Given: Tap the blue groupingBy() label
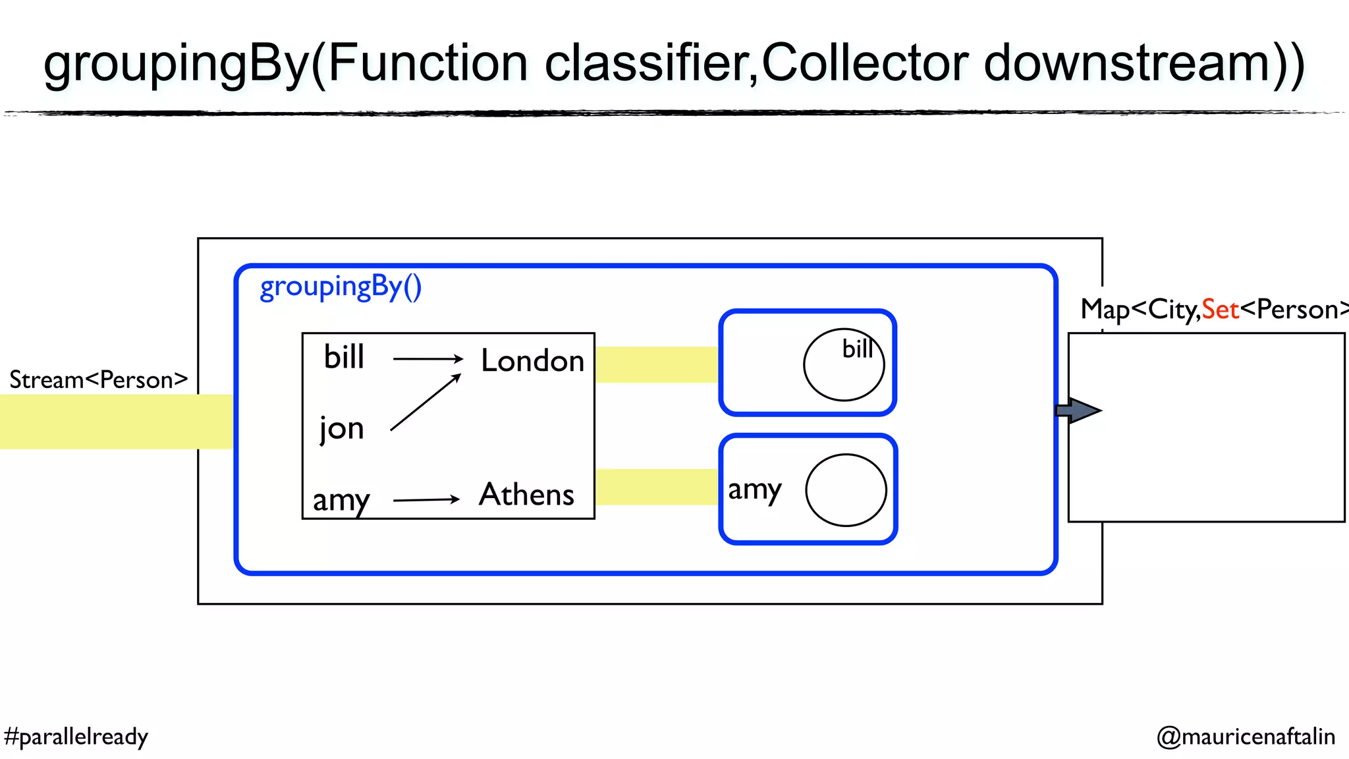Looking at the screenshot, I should point(341,287).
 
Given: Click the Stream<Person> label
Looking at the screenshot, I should point(98,380).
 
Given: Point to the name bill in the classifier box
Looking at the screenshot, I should point(344,357).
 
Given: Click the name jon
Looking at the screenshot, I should point(341,429).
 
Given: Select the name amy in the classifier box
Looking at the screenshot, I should point(341,500).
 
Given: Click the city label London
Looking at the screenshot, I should point(532,361).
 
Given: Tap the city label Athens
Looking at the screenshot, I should point(526,495).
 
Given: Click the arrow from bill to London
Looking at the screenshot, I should point(427,359).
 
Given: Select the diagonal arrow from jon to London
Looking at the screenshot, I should point(425,403).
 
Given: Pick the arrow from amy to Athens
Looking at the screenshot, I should point(426,500).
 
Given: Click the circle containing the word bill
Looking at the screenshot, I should point(844,366).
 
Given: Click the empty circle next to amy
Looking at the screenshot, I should point(846,490).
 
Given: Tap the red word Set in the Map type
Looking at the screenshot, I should point(1220,310).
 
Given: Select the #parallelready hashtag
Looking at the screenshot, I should point(76,737).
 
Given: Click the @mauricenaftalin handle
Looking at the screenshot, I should point(1246,737).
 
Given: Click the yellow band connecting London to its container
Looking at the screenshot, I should point(656,364).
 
